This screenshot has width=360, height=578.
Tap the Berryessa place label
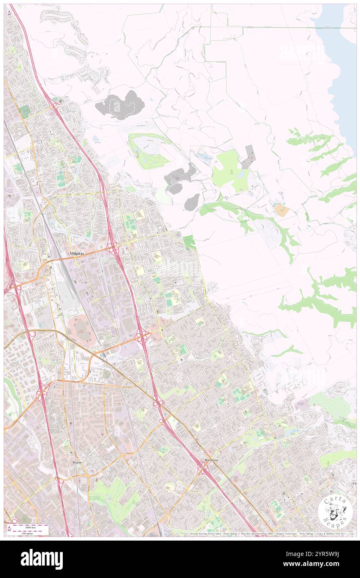[214, 460]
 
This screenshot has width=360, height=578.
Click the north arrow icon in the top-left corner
[9, 12]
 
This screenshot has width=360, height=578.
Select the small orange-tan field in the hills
[282, 210]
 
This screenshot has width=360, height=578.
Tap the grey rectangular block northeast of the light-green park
[249, 157]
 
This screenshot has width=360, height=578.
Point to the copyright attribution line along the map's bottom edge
[270, 534]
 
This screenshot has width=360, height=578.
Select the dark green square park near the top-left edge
[25, 111]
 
